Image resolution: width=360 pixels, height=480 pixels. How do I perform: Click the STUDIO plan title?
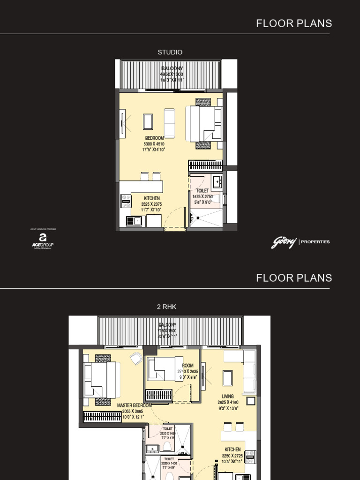click(170, 52)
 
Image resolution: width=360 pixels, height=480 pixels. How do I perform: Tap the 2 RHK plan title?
click(166, 307)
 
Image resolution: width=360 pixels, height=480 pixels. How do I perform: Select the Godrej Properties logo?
click(300, 242)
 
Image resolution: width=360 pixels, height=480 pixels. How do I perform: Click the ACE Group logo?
click(43, 239)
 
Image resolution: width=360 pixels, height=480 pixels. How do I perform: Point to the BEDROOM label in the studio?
click(154, 138)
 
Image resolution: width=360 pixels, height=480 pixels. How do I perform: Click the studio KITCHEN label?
click(151, 199)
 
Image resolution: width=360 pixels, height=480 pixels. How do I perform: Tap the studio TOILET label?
click(202, 191)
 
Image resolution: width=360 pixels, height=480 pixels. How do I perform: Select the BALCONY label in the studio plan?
click(172, 69)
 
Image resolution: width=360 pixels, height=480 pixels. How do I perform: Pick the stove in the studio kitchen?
click(126, 202)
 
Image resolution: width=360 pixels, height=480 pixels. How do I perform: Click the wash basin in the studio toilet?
click(217, 181)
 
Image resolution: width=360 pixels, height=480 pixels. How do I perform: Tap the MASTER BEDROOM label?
click(134, 405)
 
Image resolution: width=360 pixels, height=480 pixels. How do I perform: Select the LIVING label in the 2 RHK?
click(228, 397)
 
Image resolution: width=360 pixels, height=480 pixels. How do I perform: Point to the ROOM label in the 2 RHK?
click(188, 366)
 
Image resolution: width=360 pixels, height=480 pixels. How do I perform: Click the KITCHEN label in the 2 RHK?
click(232, 450)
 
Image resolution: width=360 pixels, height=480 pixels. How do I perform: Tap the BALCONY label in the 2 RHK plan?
click(167, 325)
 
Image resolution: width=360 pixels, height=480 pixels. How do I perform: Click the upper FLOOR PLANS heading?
click(294, 23)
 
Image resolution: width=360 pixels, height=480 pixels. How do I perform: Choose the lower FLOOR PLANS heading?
click(294, 278)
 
